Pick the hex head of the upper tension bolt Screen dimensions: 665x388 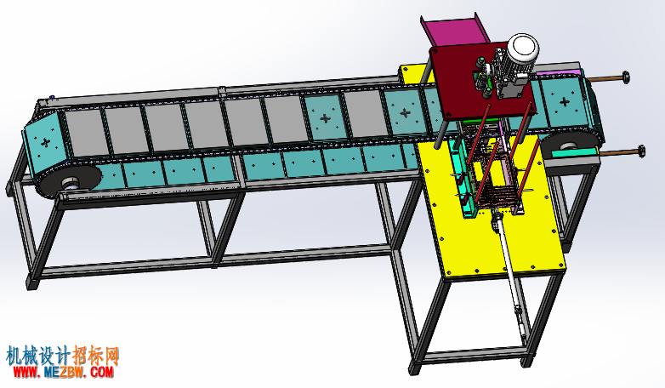(625, 77)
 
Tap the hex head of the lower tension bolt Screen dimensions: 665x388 (640, 151)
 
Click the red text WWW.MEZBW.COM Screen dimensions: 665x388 (64, 373)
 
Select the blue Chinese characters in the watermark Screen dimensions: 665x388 (39, 356)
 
